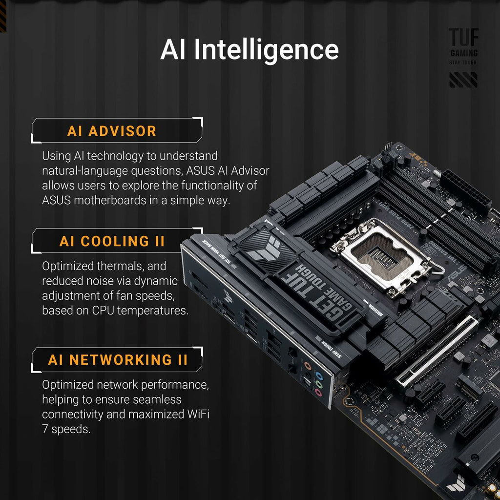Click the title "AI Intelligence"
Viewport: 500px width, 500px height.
click(250, 50)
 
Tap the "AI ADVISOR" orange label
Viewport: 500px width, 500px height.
click(112, 131)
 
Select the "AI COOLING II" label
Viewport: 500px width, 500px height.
click(112, 241)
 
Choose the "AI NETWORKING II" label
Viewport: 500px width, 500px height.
click(118, 360)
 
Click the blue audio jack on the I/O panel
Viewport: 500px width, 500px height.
click(318, 376)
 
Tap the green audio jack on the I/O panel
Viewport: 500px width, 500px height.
click(319, 385)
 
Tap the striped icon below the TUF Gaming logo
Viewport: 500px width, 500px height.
click(463, 80)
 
